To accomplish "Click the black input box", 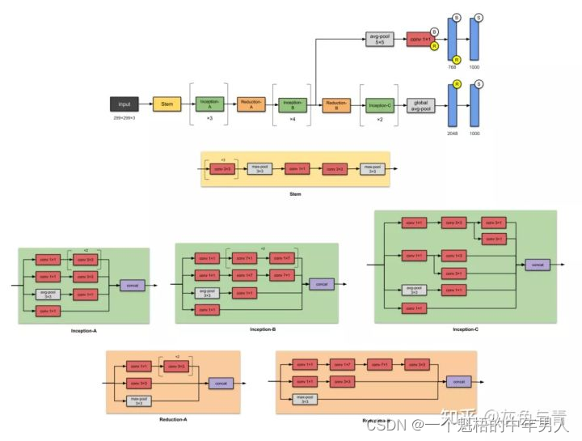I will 124,104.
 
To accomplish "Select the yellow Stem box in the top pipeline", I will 167,104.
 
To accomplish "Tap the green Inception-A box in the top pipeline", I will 208,104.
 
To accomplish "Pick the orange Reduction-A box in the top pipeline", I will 250,104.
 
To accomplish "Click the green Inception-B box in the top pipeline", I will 292,104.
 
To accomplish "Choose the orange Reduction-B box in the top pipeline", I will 335,104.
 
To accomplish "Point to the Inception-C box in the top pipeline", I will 379,104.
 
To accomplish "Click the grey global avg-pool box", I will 420,104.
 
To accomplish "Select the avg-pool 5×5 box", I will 379,40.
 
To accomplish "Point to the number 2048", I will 453,133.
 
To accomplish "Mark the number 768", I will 453,67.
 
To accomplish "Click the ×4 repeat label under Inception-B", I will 292,119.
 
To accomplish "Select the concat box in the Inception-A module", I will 132,285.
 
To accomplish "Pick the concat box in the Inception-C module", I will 535,265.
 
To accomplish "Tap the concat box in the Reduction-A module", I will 221,383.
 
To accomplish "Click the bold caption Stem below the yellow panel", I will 295,194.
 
